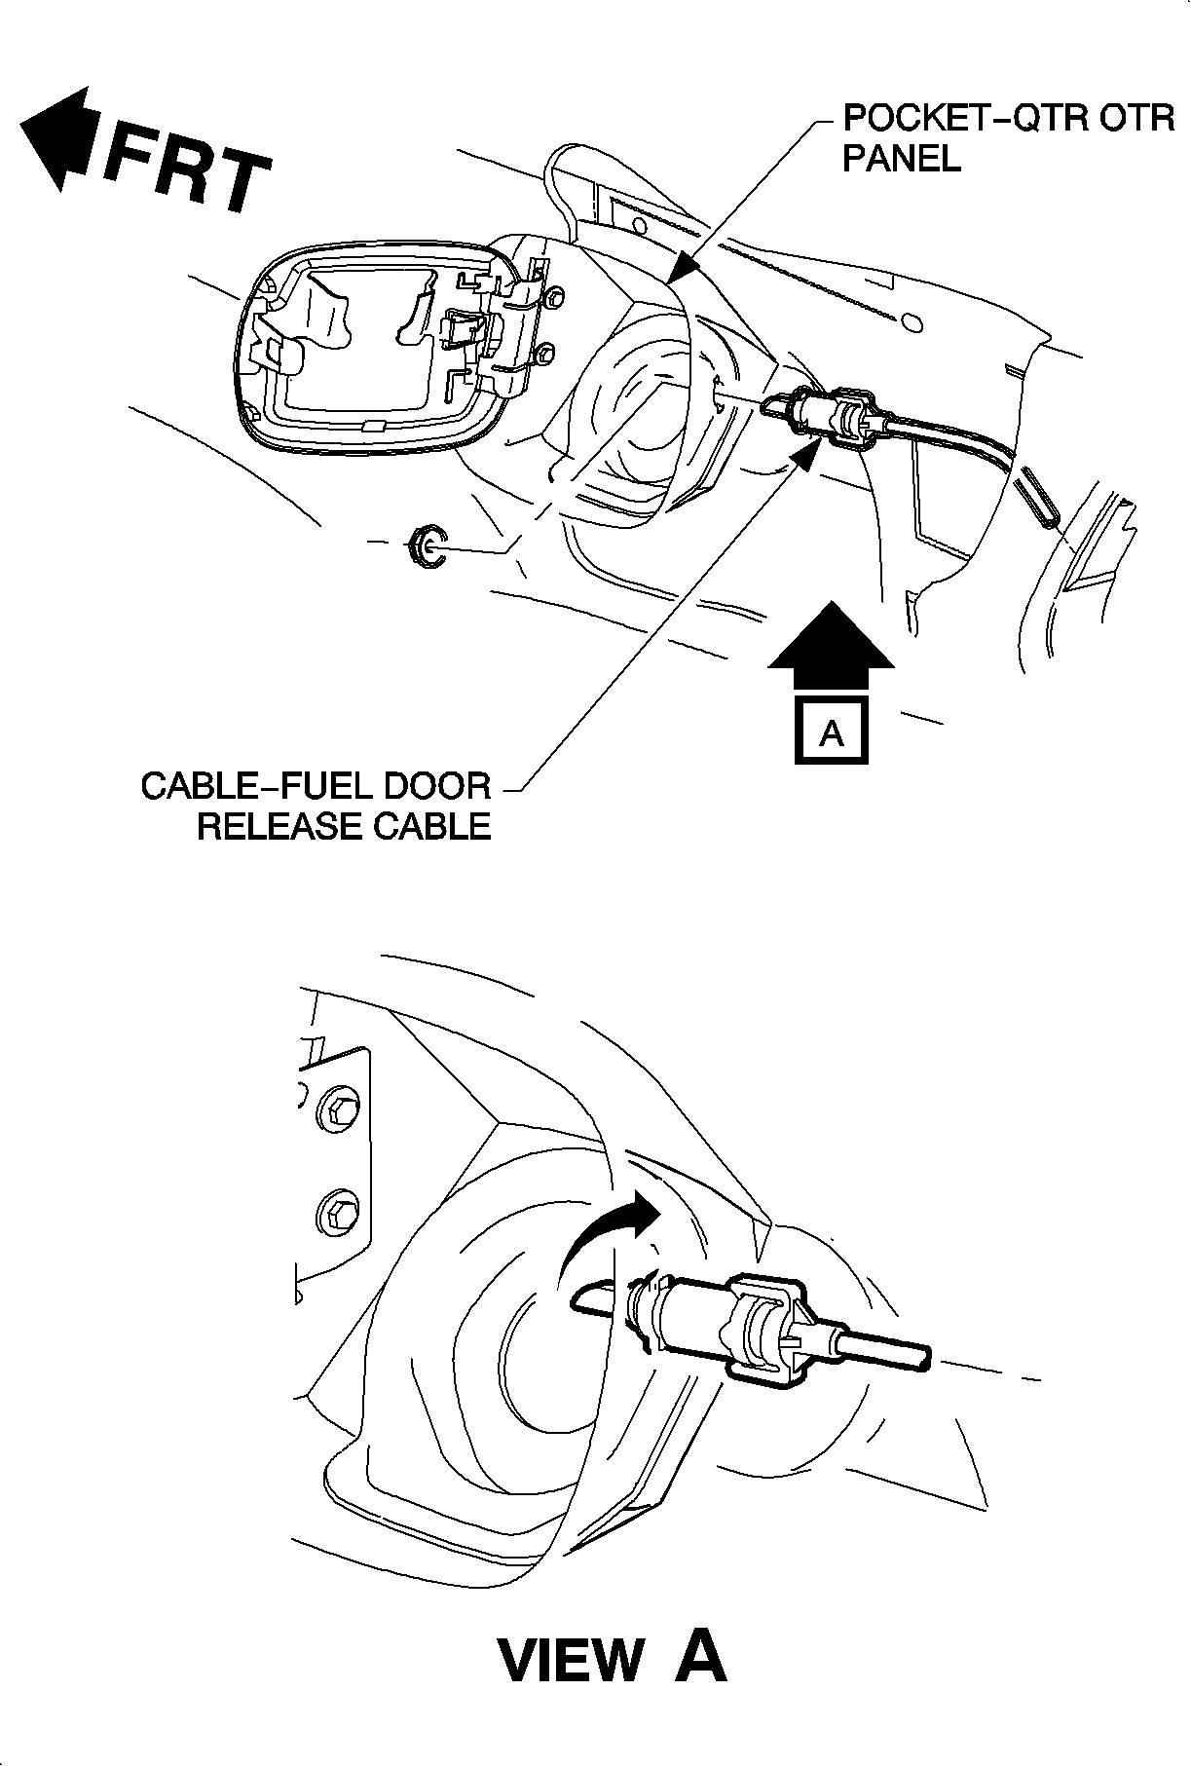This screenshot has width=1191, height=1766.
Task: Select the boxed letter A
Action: (x=831, y=731)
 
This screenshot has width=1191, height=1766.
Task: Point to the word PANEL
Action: (x=901, y=159)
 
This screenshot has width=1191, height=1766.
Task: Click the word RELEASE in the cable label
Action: (x=275, y=826)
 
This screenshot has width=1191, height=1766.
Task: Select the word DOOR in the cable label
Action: (x=439, y=787)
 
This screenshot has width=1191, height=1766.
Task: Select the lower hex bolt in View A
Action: (x=335, y=1213)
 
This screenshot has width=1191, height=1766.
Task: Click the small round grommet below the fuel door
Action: (x=426, y=545)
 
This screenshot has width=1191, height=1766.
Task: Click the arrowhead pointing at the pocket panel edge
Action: (x=686, y=267)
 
